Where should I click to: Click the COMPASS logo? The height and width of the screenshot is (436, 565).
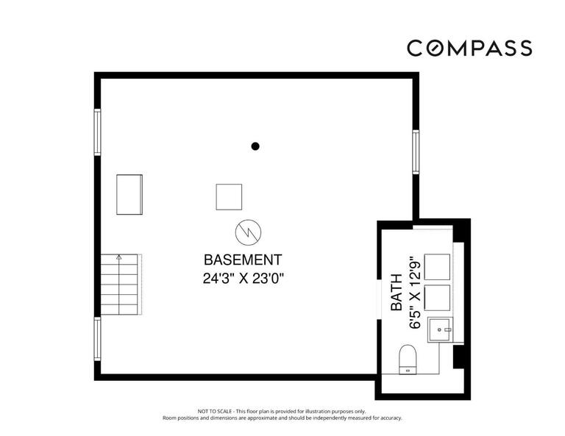(x=469, y=49)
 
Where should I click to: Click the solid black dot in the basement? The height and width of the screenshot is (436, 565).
(x=255, y=146)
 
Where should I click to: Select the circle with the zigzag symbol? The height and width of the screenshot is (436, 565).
(x=245, y=232)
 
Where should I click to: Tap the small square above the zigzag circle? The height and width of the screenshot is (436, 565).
(x=229, y=196)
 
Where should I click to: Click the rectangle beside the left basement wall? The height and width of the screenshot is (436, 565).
(x=129, y=194)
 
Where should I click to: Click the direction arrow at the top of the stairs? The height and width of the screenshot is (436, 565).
(x=118, y=258)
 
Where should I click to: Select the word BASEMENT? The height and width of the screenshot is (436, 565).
(x=242, y=260)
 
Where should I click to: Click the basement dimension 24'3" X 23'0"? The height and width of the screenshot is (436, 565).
(x=242, y=278)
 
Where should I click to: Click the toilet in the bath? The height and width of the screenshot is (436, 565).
(x=408, y=360)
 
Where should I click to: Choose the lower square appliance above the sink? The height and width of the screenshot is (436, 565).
(x=438, y=298)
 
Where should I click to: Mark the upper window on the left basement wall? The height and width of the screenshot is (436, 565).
(x=97, y=132)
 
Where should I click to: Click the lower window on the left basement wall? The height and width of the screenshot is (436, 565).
(x=97, y=339)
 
